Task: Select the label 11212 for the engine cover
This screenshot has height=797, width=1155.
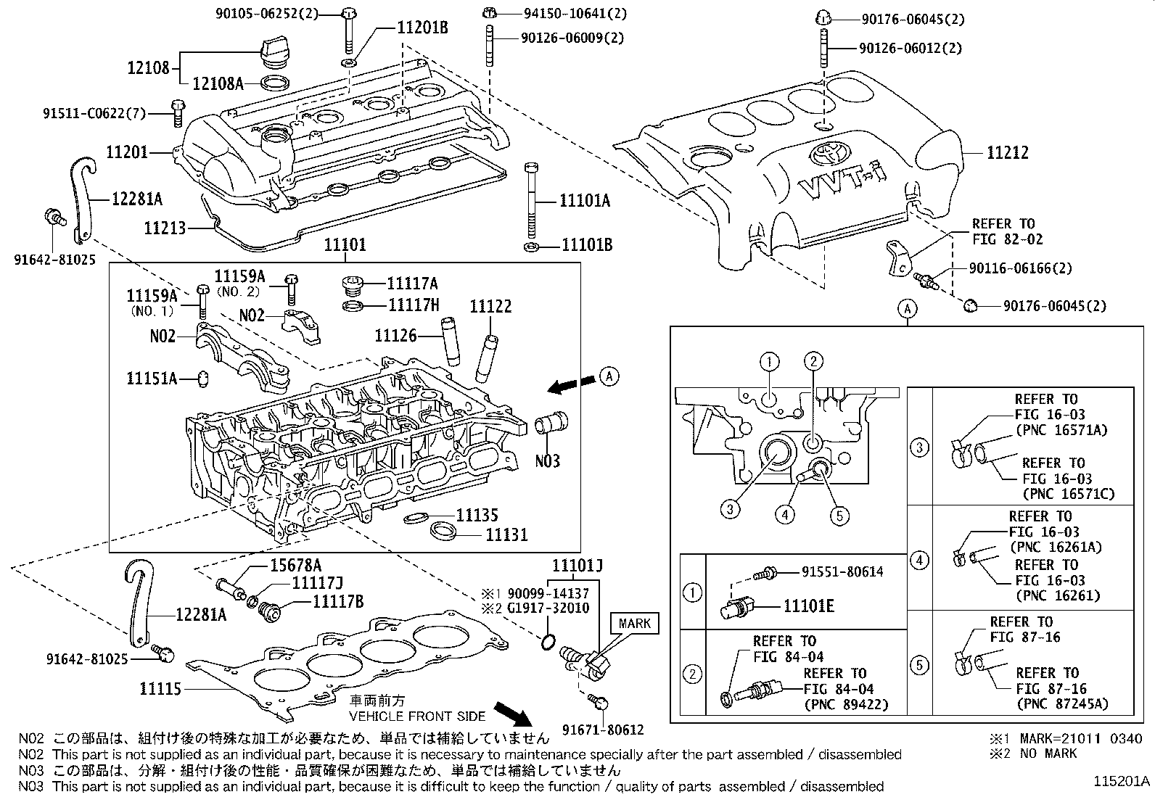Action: point(1007,153)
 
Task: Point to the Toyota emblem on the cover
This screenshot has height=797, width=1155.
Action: point(825,153)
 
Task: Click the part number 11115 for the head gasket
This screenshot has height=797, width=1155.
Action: point(160,688)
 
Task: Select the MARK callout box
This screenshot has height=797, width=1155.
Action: point(634,623)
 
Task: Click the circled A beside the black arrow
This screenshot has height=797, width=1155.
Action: point(610,376)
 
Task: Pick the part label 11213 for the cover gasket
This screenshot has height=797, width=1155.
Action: point(165,228)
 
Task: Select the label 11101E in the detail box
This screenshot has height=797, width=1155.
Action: point(808,606)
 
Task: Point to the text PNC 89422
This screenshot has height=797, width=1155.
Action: point(846,704)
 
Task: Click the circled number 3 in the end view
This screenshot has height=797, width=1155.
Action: point(730,509)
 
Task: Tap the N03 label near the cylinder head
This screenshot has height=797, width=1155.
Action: point(547,461)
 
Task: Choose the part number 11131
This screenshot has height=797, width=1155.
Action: point(506,535)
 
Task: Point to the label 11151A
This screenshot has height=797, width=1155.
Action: point(152,378)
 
